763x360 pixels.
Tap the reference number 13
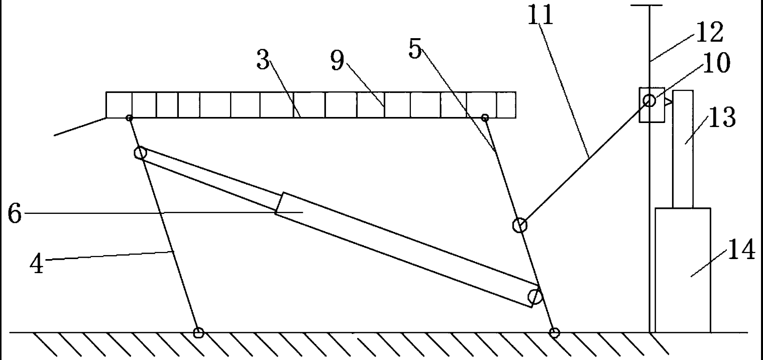pyautogui.click(x=722, y=118)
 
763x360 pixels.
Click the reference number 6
pyautogui.click(x=15, y=214)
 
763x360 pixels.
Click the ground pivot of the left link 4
pyautogui.click(x=199, y=332)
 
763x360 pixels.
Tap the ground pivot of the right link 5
pyautogui.click(x=554, y=332)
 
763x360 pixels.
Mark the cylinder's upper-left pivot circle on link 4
pyautogui.click(x=140, y=153)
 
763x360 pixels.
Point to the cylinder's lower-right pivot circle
pyautogui.click(x=535, y=297)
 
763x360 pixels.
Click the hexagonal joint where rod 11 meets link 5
pyautogui.click(x=519, y=225)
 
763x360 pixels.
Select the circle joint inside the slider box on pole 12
pyautogui.click(x=649, y=101)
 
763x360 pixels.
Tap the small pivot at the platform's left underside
pyautogui.click(x=130, y=118)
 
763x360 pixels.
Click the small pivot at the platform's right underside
pyautogui.click(x=485, y=118)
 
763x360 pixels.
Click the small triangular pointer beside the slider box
pyautogui.click(x=668, y=102)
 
